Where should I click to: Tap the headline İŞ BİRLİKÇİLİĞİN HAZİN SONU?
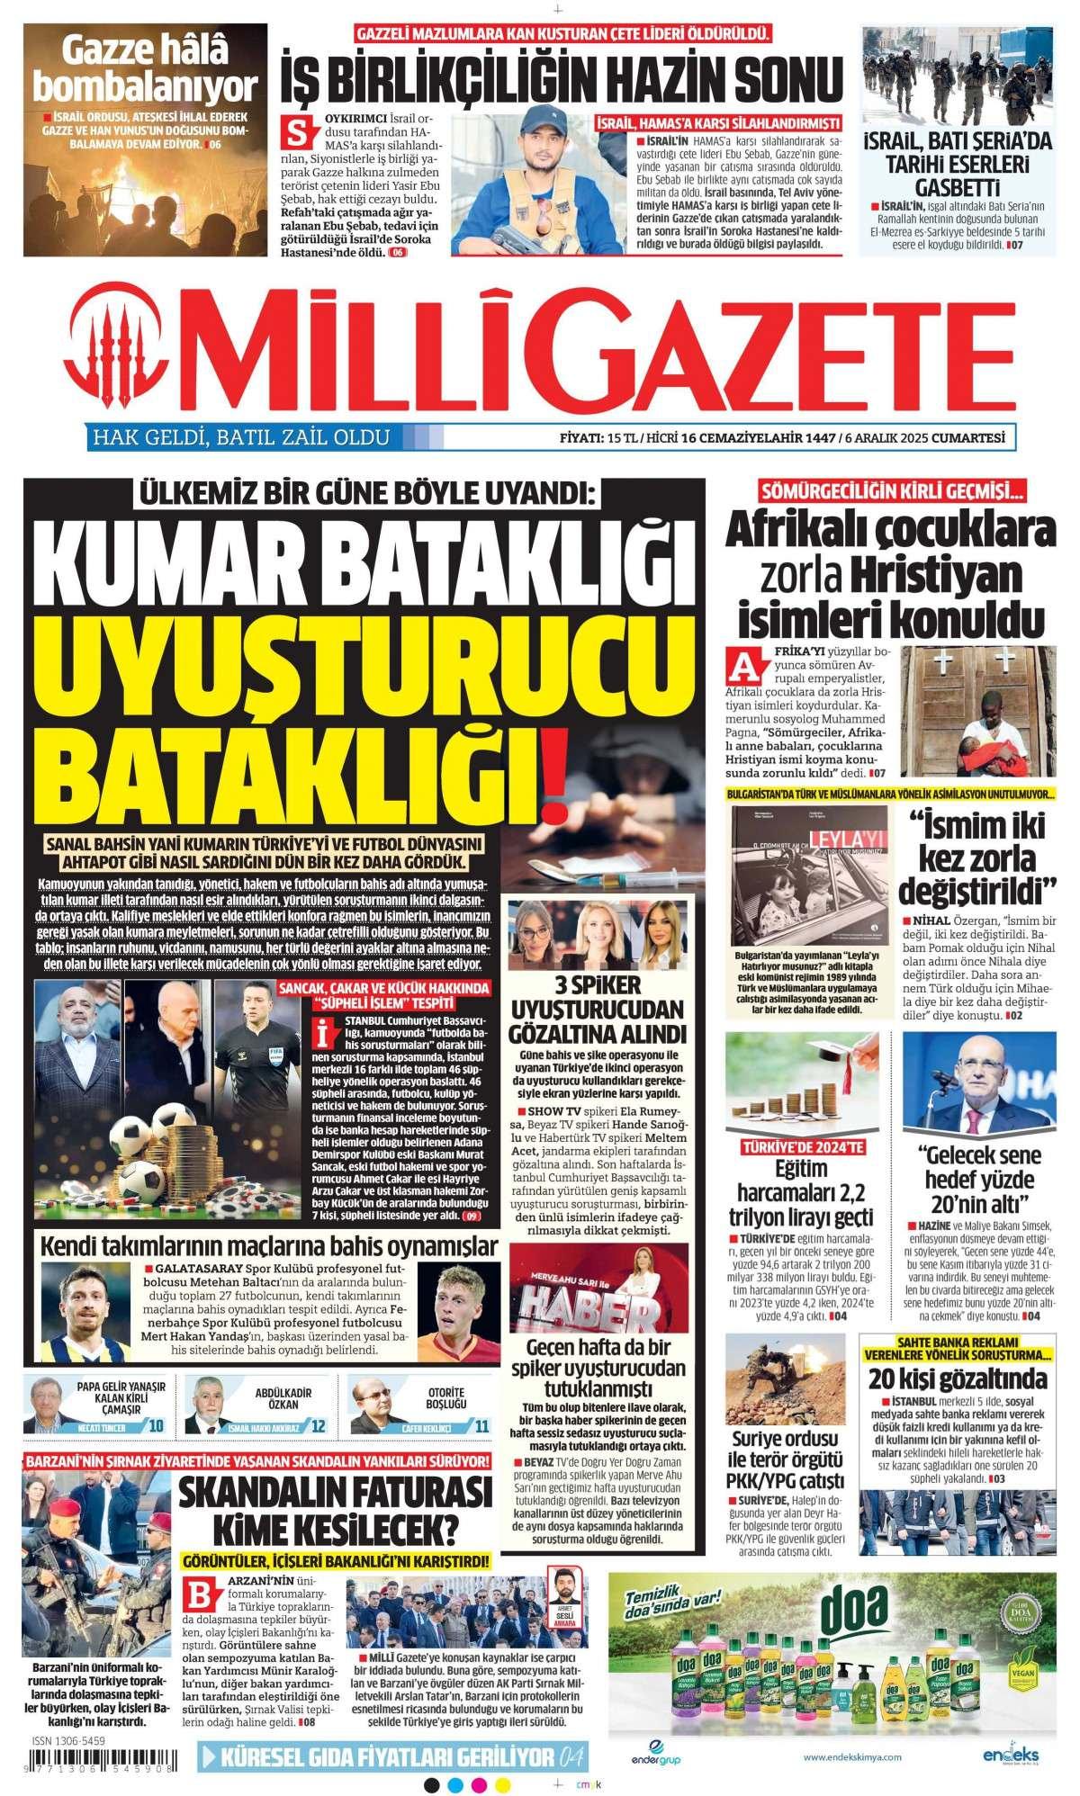[x=562, y=75]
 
